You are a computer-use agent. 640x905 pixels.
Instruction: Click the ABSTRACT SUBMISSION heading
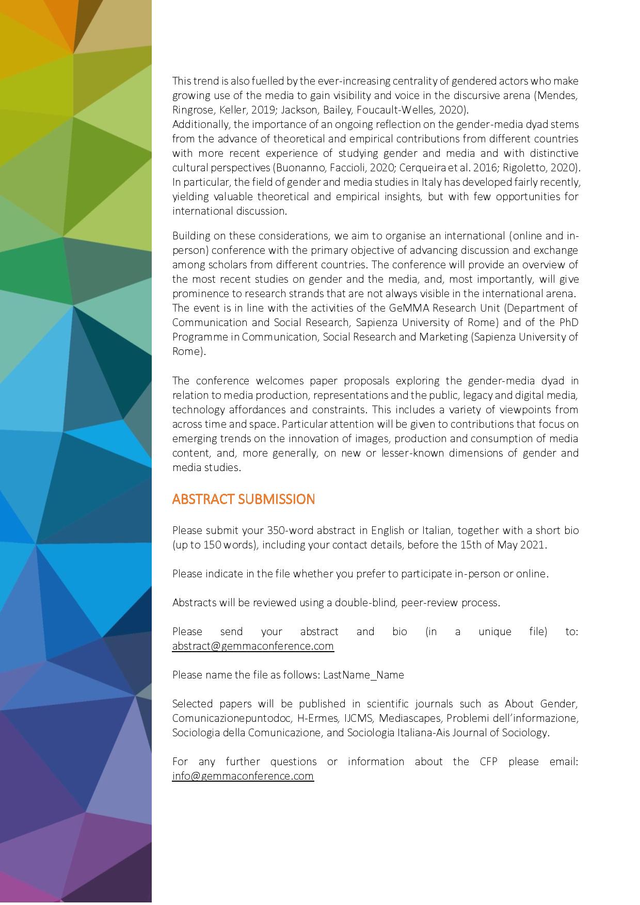[243, 499]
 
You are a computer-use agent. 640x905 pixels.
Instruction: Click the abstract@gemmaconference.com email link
[253, 646]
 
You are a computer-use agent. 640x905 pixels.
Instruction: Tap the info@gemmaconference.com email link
[243, 776]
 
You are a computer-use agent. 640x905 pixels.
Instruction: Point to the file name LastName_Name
[363, 675]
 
